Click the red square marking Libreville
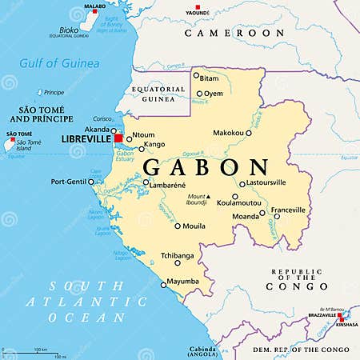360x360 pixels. (119, 138)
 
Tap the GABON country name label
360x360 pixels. (206, 168)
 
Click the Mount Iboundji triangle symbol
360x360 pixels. (207, 196)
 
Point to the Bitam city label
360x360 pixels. (210, 78)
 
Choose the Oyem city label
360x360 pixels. (214, 94)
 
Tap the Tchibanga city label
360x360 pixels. (178, 255)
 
